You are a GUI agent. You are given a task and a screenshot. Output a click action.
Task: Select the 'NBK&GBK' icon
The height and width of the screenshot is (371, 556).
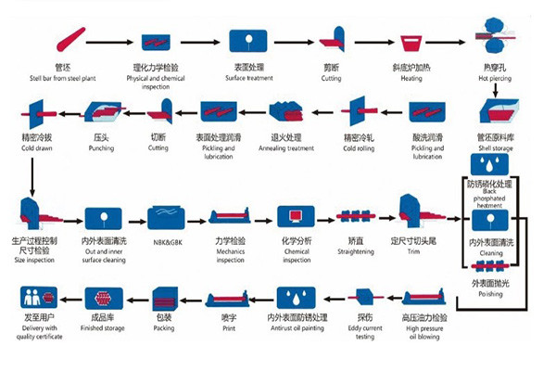tap(164, 217)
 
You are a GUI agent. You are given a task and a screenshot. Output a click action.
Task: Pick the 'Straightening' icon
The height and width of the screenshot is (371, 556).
tap(358, 217)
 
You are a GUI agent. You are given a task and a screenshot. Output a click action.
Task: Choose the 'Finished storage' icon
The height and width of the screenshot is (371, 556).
tap(101, 299)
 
